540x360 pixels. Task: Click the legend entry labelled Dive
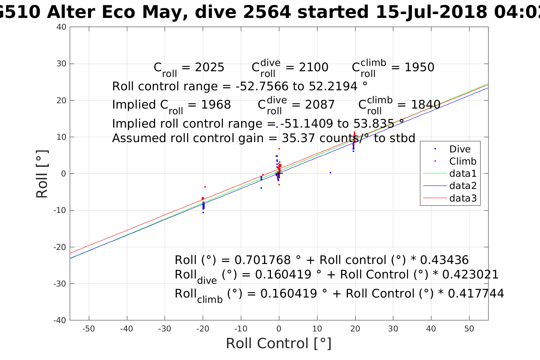tap(460, 149)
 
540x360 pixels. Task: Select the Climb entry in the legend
tap(463, 161)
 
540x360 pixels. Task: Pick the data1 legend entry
tap(463, 174)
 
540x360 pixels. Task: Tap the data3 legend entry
tap(463, 198)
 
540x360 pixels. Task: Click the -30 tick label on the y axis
tap(60, 284)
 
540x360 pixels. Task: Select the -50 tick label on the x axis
tap(88, 329)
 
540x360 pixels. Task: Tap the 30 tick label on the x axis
tap(393, 329)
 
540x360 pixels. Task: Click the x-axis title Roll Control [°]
tap(279, 344)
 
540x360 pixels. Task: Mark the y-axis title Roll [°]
tap(42, 174)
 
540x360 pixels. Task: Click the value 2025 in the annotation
tap(210, 67)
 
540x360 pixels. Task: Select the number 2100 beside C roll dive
tap(313, 67)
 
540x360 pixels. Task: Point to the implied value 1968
tap(216, 105)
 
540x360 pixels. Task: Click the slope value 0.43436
tap(444, 260)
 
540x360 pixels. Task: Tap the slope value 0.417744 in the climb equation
tap(476, 294)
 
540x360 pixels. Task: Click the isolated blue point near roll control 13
tap(330, 173)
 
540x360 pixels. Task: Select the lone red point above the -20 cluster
tap(205, 187)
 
